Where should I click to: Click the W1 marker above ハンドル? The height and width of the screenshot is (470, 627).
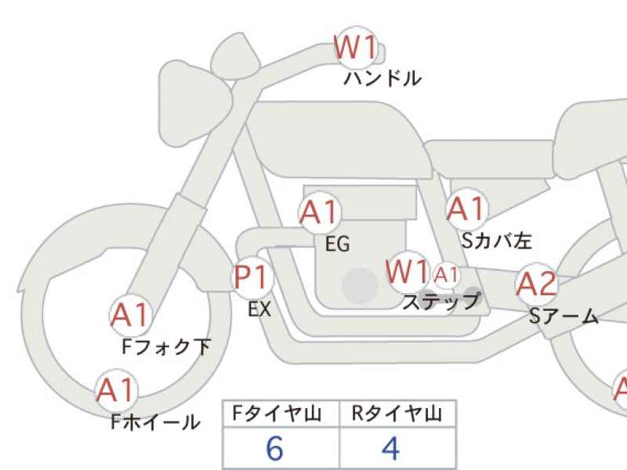(357, 49)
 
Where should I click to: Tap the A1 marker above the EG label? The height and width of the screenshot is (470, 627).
(319, 211)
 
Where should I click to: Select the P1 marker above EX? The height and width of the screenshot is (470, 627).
(252, 278)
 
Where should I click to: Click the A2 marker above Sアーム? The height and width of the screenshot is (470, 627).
(537, 285)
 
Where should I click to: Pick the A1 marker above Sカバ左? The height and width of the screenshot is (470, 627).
(467, 209)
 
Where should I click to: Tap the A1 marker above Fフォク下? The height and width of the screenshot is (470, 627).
(129, 315)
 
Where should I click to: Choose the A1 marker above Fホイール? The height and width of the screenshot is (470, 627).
(116, 389)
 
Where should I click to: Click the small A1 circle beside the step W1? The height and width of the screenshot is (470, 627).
(446, 274)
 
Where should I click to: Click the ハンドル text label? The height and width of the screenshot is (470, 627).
(382, 78)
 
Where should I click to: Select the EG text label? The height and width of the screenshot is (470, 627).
(337, 245)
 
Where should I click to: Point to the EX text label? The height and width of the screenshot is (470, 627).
(259, 310)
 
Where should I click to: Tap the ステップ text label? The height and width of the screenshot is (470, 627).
(440, 302)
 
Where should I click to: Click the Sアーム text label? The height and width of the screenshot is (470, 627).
(563, 316)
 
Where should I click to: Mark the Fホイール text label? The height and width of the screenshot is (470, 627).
(155, 423)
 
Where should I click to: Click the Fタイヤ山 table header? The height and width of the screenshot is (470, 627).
(281, 414)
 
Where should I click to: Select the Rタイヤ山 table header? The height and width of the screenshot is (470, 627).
(397, 414)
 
